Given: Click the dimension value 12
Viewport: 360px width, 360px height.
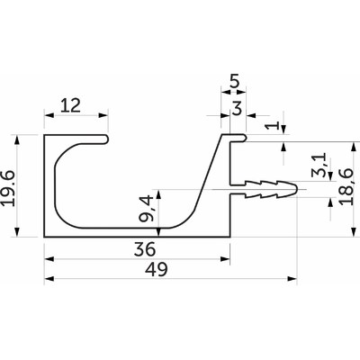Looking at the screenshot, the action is tap(70, 105).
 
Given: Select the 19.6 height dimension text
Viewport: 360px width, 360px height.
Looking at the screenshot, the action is tap(9, 188).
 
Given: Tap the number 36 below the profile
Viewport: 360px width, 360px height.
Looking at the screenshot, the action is tap(145, 249).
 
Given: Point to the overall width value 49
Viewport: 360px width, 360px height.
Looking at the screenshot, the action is tap(156, 269).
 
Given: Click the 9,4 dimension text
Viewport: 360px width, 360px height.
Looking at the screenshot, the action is tap(147, 208).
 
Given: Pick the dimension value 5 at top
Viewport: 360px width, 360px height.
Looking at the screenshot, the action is tap(234, 82).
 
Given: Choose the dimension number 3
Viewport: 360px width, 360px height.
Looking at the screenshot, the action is tap(237, 108).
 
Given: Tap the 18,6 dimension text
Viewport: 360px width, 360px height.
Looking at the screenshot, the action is tap(346, 186).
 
